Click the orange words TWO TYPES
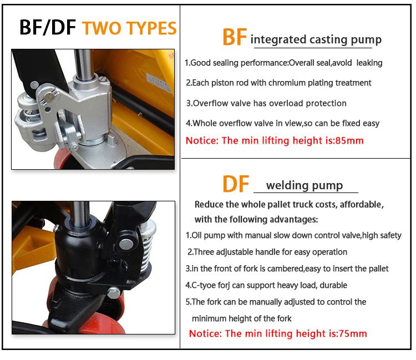pyautogui.click(x=129, y=27)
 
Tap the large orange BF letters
pyautogui.click(x=234, y=38)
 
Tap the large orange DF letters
pyautogui.click(x=236, y=184)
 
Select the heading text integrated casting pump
pyautogui.click(x=316, y=39)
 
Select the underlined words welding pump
pyautogui.click(x=305, y=185)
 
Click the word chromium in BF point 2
pyautogui.click(x=287, y=83)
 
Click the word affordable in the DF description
pyautogui.click(x=361, y=205)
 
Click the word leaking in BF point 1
pyautogui.click(x=369, y=63)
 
